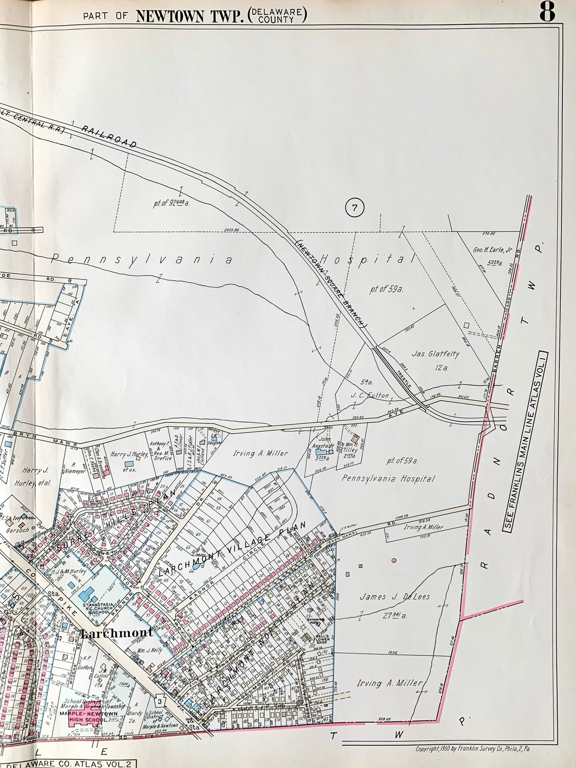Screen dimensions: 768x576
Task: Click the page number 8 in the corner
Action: click(x=547, y=12)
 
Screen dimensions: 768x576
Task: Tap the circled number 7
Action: click(x=355, y=208)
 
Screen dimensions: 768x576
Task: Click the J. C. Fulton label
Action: click(x=370, y=395)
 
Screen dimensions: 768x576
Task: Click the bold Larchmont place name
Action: click(x=116, y=633)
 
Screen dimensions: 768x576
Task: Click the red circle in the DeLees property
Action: click(x=394, y=560)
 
